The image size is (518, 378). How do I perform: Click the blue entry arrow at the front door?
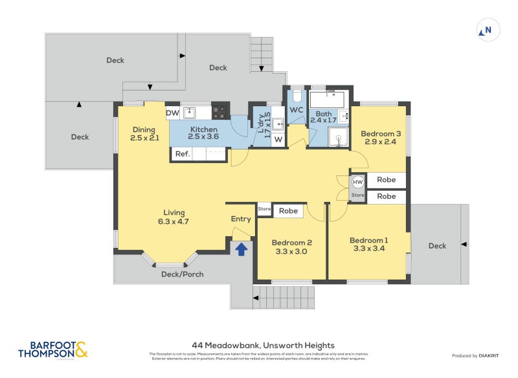[241, 249]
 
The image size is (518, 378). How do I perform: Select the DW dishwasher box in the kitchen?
[172, 113]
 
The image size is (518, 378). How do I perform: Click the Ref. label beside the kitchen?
[182, 154]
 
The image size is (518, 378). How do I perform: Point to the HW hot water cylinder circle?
[358, 182]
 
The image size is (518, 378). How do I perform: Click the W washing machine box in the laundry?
[278, 139]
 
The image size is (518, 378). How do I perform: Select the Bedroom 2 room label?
[293, 247]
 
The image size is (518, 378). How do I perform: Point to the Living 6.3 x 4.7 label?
[174, 217]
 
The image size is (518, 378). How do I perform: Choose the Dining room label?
[144, 133]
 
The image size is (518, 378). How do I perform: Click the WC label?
[297, 110]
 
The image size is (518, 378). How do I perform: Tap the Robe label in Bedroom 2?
[288, 211]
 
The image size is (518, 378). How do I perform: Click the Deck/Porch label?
[182, 274]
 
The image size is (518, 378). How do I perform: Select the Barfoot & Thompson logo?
[52, 350]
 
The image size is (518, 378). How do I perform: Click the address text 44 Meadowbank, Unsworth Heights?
[263, 346]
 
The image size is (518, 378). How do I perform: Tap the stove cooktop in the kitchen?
[220, 113]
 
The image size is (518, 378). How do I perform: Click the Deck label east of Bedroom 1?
[437, 246]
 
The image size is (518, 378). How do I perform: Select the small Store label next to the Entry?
[264, 209]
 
